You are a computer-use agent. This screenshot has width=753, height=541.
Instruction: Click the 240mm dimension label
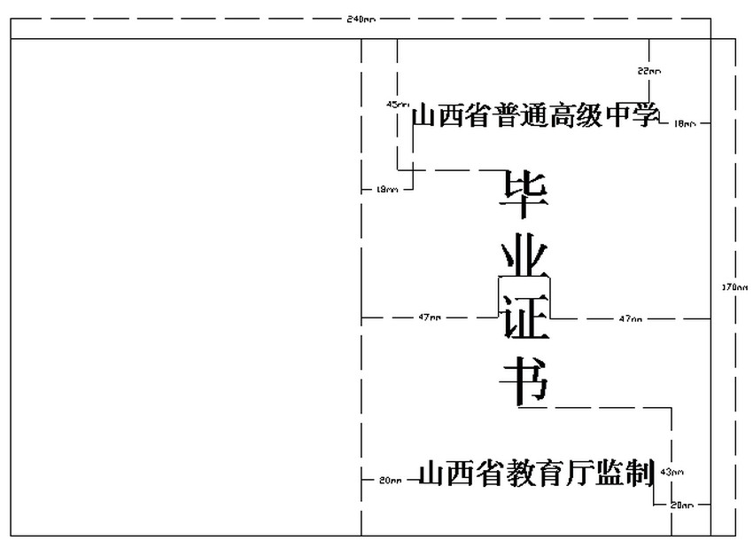pos(361,19)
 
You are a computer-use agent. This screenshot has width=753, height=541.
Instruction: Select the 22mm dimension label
pos(648,70)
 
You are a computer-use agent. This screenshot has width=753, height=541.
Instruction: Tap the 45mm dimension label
pos(396,105)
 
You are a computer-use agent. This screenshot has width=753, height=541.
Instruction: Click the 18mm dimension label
pos(685,123)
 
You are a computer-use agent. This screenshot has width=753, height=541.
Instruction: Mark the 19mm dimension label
pos(387,189)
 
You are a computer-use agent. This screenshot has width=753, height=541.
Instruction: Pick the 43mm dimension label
pos(672,472)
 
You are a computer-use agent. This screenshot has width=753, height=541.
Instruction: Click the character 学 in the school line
pos(646,116)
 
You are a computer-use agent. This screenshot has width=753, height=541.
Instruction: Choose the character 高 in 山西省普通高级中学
pos(563,116)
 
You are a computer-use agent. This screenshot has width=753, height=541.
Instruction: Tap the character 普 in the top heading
pos(508,116)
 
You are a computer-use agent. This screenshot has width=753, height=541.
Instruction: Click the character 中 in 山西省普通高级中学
pos(617,116)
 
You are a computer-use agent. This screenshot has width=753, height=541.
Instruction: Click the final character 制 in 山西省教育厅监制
pos(640,474)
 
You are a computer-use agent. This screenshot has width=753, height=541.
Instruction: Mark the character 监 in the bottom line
pos(609,474)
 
